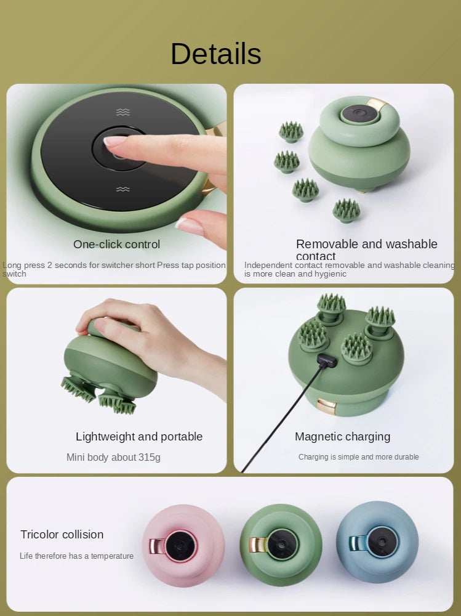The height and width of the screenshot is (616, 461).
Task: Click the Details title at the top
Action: tap(215, 54)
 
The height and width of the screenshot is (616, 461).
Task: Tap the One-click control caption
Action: tap(116, 244)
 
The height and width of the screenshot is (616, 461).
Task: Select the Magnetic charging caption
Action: tap(342, 436)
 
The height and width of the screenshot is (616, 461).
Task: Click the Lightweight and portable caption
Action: tap(139, 436)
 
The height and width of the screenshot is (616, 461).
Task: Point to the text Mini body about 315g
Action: tap(113, 457)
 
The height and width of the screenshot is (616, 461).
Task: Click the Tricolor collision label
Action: tap(62, 534)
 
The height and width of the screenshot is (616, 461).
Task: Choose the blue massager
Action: tap(377, 542)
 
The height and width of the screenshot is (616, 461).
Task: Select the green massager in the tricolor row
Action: tap(279, 545)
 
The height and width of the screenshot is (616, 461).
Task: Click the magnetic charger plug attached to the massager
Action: tap(324, 362)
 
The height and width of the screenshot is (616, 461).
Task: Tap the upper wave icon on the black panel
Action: tap(123, 112)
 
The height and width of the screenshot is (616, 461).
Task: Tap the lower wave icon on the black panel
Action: tap(123, 189)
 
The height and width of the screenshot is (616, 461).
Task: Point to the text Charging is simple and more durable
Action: tap(358, 457)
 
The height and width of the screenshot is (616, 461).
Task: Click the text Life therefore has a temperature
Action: tap(76, 556)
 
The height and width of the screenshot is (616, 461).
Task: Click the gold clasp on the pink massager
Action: tap(156, 546)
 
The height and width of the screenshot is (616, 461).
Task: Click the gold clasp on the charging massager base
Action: tap(326, 406)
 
